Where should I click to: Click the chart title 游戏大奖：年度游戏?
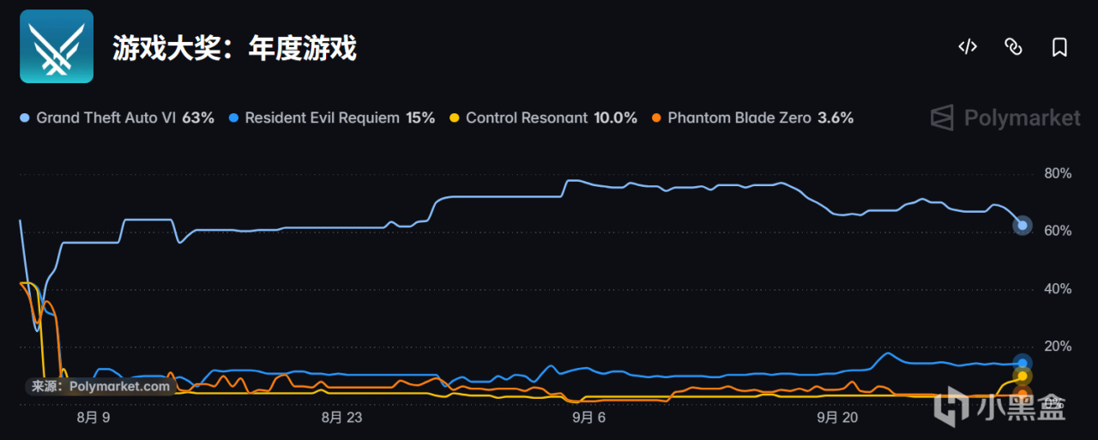[235, 47]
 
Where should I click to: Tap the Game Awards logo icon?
[57, 46]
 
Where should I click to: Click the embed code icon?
[968, 47]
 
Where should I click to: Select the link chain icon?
[1013, 47]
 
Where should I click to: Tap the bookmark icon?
[1059, 47]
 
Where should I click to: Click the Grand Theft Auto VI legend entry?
[117, 118]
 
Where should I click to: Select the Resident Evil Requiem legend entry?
[332, 118]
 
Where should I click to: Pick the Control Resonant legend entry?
[543, 118]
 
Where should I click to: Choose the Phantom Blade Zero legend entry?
[752, 118]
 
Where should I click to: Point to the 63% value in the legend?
[198, 118]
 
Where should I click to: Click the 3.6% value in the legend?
[836, 118]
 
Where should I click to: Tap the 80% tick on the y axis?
[1058, 173]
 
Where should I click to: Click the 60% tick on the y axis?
[1058, 231]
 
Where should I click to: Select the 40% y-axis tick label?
[1058, 288]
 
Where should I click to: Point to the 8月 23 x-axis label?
[341, 418]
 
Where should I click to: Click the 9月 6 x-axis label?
[588, 418]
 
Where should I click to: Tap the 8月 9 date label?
[94, 418]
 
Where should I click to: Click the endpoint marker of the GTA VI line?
[1023, 226]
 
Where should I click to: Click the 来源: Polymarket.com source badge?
[100, 386]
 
